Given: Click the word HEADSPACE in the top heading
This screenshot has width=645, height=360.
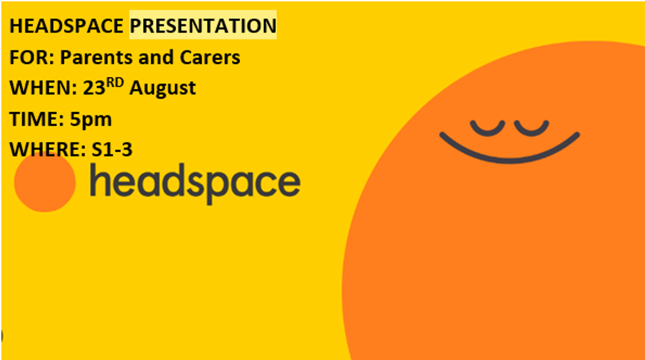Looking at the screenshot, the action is pyautogui.click(x=67, y=26).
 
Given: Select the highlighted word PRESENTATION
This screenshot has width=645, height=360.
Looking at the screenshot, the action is pyautogui.click(x=203, y=26).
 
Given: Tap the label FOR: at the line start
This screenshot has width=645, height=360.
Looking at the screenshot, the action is pyautogui.click(x=32, y=57).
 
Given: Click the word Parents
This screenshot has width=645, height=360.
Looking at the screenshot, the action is pyautogui.click(x=96, y=57).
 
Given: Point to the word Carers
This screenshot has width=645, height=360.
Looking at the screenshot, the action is pyautogui.click(x=210, y=57).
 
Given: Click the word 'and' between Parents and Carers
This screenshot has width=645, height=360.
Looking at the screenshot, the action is pyautogui.click(x=156, y=57).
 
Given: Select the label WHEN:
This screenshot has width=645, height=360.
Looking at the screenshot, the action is pyautogui.click(x=44, y=88).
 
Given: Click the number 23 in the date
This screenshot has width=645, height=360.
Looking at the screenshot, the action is pyautogui.click(x=94, y=88).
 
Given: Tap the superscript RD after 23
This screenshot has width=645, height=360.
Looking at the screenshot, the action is pyautogui.click(x=115, y=83).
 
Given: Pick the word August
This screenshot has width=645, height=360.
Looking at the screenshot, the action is pyautogui.click(x=163, y=88).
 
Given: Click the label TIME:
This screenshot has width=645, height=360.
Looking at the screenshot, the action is pyautogui.click(x=37, y=119).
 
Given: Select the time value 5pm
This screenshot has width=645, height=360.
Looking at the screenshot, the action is pyautogui.click(x=91, y=120).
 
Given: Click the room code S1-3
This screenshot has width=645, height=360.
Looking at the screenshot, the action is pyautogui.click(x=112, y=149).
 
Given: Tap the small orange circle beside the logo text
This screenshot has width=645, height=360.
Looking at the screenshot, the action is pyautogui.click(x=45, y=182).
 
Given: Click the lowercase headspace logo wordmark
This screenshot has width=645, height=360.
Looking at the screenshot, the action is pyautogui.click(x=195, y=183).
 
